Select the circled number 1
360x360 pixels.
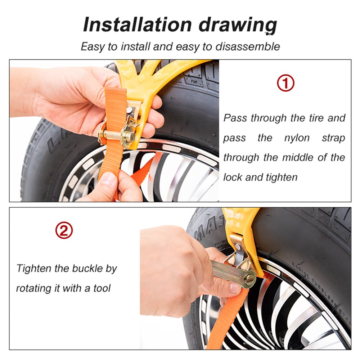tap(285, 83)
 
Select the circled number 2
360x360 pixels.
tap(64, 230)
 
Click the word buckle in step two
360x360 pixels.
tap(87, 269)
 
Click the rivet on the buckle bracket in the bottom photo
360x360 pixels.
tap(238, 247)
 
